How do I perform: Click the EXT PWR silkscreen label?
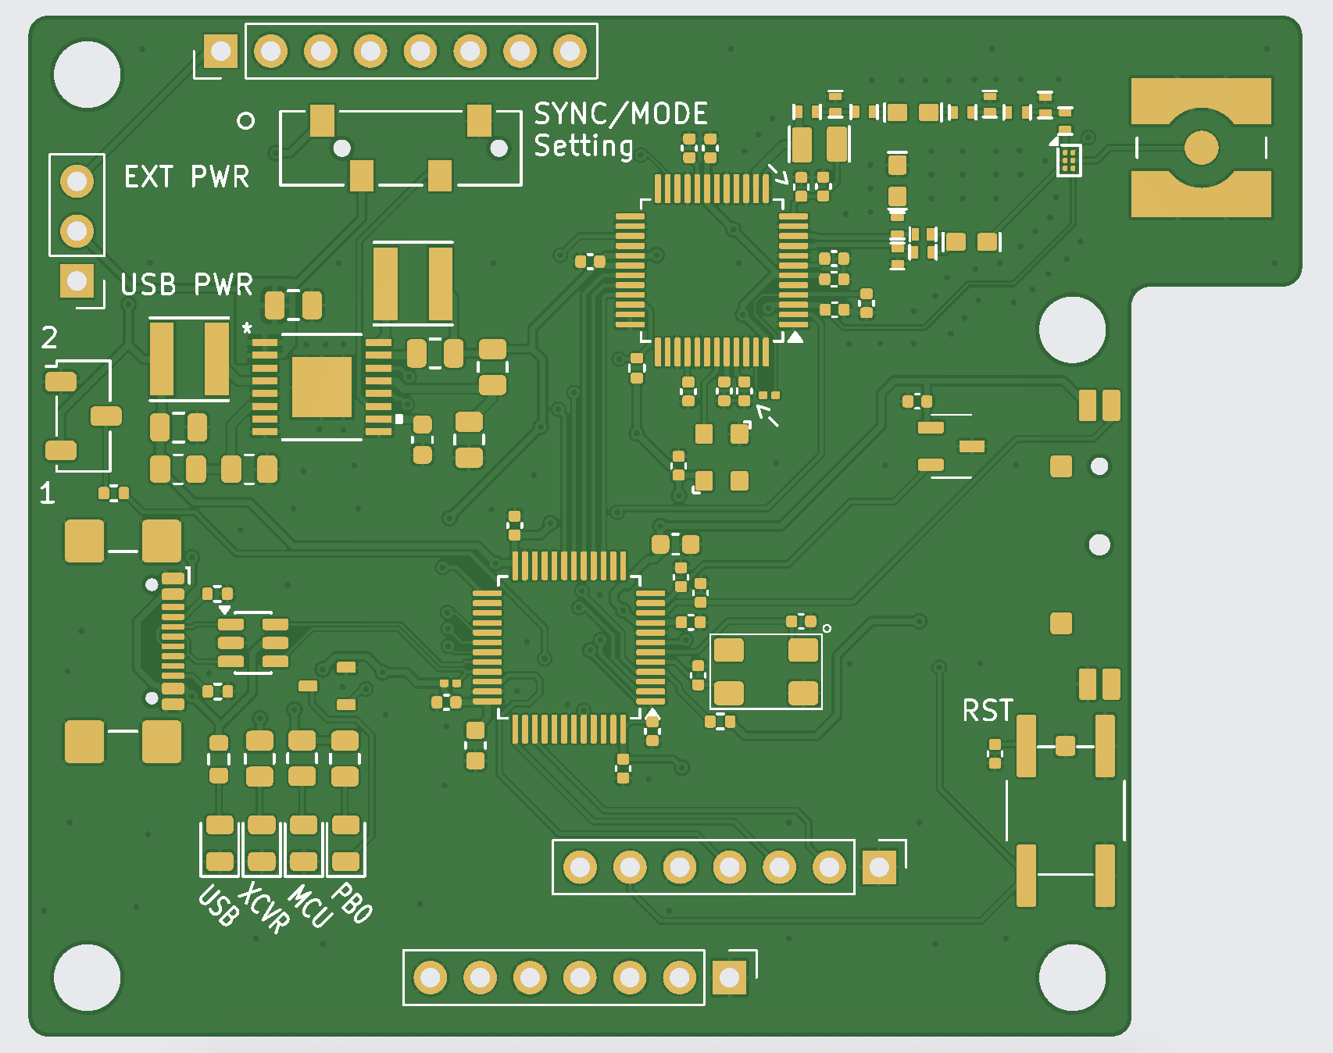pyautogui.click(x=186, y=177)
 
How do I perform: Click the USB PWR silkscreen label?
pyautogui.click(x=186, y=285)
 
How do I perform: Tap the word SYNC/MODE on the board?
pyautogui.click(x=620, y=114)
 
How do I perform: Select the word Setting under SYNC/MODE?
pyautogui.click(x=583, y=146)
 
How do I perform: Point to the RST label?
pyautogui.click(x=987, y=711)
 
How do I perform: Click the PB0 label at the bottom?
pyautogui.click(x=352, y=903)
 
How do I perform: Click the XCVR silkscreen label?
pyautogui.click(x=264, y=907)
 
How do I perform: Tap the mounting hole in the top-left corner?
pyautogui.click(x=88, y=75)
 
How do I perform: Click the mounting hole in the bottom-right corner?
pyautogui.click(x=1072, y=977)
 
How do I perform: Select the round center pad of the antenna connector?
pyautogui.click(x=1201, y=148)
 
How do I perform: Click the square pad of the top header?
pyautogui.click(x=221, y=52)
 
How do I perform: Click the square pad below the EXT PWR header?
pyautogui.click(x=77, y=280)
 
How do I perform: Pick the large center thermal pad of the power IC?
pyautogui.click(x=321, y=387)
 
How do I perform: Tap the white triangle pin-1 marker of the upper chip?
pyautogui.click(x=795, y=337)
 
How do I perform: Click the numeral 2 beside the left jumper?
pyautogui.click(x=49, y=338)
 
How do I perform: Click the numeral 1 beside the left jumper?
pyautogui.click(x=48, y=493)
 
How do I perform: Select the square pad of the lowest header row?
pyautogui.click(x=730, y=977)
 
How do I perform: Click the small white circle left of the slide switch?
pyautogui.click(x=245, y=120)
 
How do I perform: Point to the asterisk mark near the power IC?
pyautogui.click(x=247, y=329)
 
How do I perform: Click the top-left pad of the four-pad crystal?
pyautogui.click(x=728, y=650)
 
